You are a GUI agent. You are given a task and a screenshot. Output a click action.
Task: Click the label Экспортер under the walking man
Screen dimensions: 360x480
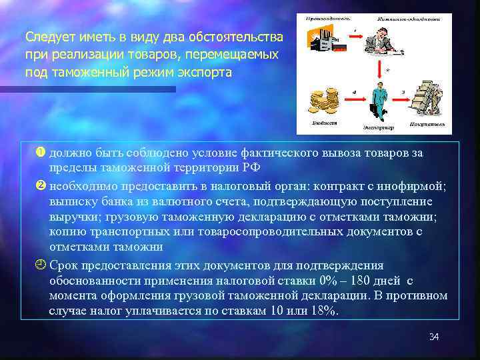coord(379,126)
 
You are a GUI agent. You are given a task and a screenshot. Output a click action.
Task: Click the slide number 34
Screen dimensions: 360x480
coord(434,337)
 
